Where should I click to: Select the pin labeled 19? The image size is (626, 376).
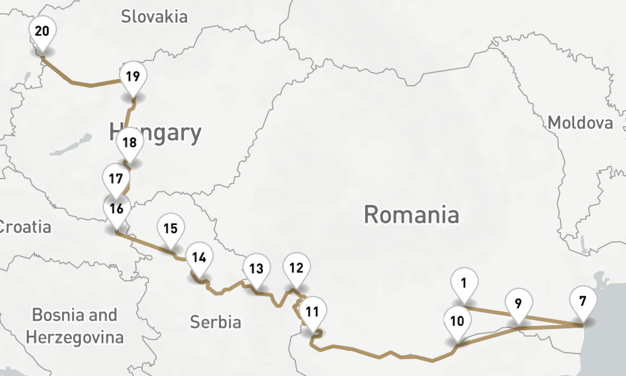(x=132, y=77)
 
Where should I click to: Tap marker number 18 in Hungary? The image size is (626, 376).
(x=130, y=142)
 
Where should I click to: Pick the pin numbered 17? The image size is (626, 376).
(x=115, y=178)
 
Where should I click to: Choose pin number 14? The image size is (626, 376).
(x=199, y=257)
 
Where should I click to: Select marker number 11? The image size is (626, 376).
(x=312, y=311)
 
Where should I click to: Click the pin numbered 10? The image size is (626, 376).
(x=457, y=321)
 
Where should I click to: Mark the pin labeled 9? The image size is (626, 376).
(x=518, y=303)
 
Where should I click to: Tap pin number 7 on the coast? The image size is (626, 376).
(x=583, y=301)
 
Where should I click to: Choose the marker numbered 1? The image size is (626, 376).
(x=463, y=283)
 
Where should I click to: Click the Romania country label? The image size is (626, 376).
(x=411, y=215)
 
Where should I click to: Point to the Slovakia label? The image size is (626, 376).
(x=154, y=16)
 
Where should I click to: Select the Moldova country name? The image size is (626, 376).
(x=580, y=123)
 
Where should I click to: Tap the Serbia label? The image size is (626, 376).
(x=215, y=322)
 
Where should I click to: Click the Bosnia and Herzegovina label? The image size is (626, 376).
(x=74, y=326)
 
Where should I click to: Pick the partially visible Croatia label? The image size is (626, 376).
(x=25, y=226)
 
